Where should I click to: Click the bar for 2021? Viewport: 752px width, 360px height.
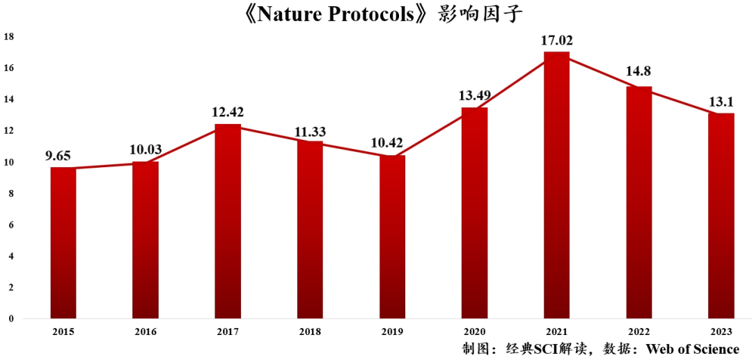click(x=556, y=185)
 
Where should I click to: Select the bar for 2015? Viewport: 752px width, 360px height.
click(x=63, y=243)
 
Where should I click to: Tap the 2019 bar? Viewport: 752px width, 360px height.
click(x=392, y=237)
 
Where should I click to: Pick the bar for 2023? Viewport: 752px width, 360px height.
click(x=721, y=216)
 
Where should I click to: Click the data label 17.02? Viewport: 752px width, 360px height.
click(x=556, y=40)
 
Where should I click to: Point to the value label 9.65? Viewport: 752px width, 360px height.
click(x=63, y=156)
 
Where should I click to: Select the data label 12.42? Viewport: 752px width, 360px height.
click(x=228, y=112)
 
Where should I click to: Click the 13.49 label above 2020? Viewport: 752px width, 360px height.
click(x=474, y=95)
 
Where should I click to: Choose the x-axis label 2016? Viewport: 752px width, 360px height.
click(x=146, y=331)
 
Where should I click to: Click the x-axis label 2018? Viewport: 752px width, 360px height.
click(x=310, y=331)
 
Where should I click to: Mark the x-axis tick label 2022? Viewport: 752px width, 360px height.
click(x=639, y=331)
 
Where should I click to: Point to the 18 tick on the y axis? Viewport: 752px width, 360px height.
click(x=9, y=36)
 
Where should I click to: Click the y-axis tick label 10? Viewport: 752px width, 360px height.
click(x=9, y=162)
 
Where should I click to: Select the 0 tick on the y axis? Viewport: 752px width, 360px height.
click(x=11, y=319)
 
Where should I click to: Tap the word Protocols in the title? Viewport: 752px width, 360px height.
click(x=369, y=14)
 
